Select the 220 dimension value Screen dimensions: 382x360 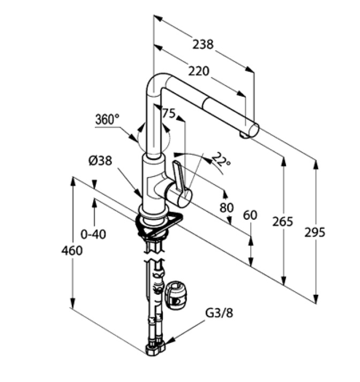click(x=198, y=71)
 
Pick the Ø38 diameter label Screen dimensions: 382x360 click(x=101, y=161)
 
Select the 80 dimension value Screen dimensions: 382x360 click(x=227, y=207)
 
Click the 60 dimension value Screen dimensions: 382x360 click(x=250, y=216)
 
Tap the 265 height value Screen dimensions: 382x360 click(x=282, y=221)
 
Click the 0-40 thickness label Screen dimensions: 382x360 click(x=93, y=234)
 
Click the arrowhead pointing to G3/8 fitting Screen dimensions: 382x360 click(x=170, y=340)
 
